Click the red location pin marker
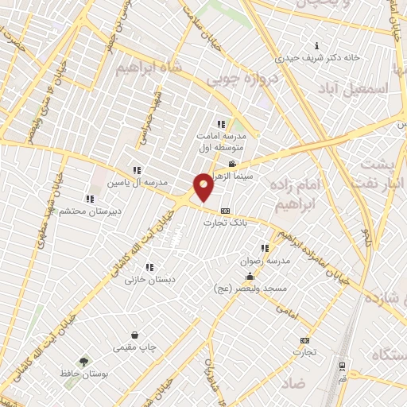tap(203, 187)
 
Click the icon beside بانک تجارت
tap(226, 211)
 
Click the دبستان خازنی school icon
tap(149, 267)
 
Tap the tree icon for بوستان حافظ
tap(83, 360)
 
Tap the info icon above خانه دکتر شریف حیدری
tap(317, 45)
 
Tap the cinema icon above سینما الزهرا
tap(231, 163)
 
